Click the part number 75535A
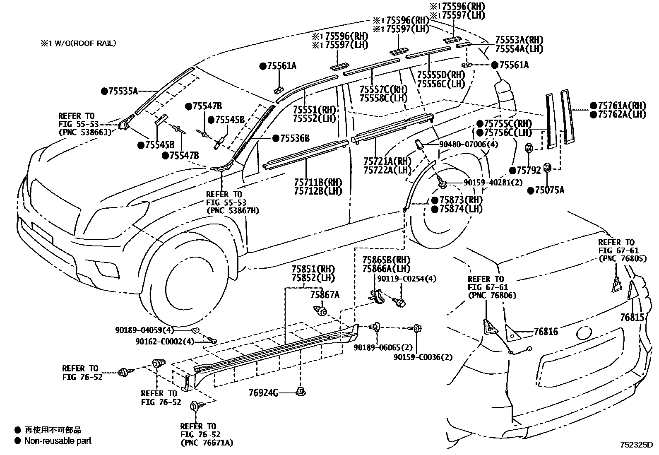pos(123,91)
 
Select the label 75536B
pos(294,138)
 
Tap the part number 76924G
pos(263,392)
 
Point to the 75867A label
pos(325,295)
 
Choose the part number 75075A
pos(549,190)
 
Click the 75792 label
pos(529,170)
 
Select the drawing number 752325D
pos(635,445)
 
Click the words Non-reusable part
pos(58,441)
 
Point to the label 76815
pos(632,318)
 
